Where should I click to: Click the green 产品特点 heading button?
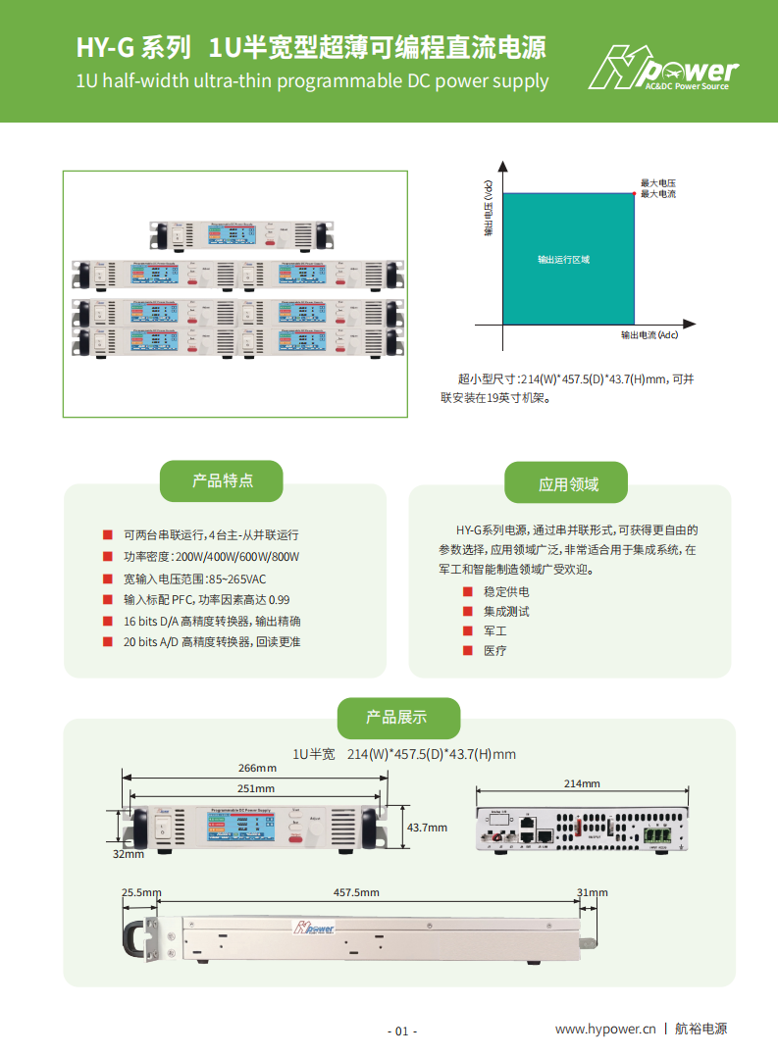pos(222,480)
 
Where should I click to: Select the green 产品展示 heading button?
pos(397,717)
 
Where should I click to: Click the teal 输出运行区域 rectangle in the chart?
pos(567,259)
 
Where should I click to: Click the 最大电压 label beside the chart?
pos(658,183)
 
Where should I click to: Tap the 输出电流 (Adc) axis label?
pos(649,335)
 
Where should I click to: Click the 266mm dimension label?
pos(256,768)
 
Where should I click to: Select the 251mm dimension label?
pos(256,788)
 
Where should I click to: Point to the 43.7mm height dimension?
pos(427,828)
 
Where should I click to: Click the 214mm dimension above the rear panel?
pos(582,783)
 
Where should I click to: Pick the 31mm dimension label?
pos(593,892)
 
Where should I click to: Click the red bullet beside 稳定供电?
pos(467,591)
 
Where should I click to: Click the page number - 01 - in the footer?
pos(402,1031)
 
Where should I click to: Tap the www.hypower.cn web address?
pos(604,1029)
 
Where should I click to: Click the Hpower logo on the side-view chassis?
pos(315,927)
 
